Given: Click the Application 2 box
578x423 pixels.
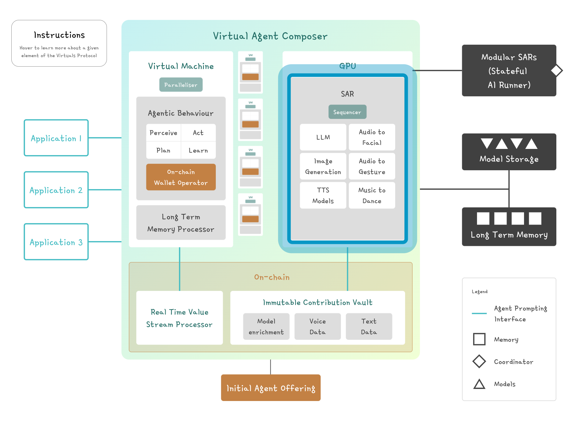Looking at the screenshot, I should [x=56, y=190].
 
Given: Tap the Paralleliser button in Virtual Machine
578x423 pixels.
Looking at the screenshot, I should [x=181, y=85].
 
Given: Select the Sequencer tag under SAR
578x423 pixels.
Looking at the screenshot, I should [x=347, y=112].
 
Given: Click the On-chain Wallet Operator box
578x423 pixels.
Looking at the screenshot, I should [x=181, y=177].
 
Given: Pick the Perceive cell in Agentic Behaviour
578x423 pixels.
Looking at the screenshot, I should [x=163, y=133].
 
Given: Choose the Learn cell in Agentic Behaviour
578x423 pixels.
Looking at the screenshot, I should [x=198, y=150].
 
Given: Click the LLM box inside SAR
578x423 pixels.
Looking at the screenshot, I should [x=323, y=137].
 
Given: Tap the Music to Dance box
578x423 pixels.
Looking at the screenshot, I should [x=372, y=195].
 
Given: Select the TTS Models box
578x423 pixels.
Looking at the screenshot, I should [x=323, y=195].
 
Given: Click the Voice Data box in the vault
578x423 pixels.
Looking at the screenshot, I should [x=318, y=326].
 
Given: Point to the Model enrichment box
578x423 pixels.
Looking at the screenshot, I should [x=266, y=326].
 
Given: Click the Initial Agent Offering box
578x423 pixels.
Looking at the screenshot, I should [x=270, y=388].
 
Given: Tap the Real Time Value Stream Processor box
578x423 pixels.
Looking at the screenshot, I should [x=179, y=318].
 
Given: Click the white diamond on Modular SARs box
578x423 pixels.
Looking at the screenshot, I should [x=557, y=70].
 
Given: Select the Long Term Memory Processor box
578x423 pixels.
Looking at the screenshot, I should [x=181, y=223].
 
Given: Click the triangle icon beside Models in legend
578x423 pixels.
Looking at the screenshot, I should [x=479, y=384].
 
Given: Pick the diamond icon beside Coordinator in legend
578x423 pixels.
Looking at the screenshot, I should [x=479, y=361].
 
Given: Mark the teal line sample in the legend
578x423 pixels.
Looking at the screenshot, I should [x=479, y=313].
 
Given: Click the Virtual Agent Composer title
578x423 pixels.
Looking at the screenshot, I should [x=270, y=36].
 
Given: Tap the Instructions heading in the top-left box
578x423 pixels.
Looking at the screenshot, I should [x=59, y=35].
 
